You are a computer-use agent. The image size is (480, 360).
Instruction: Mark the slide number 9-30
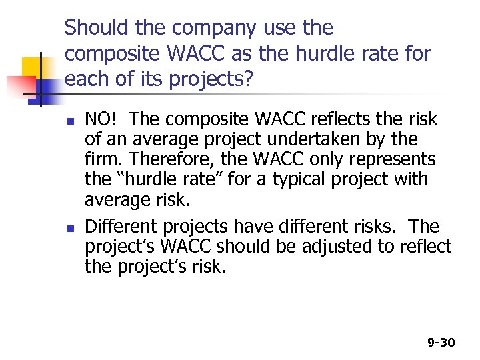(441, 342)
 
